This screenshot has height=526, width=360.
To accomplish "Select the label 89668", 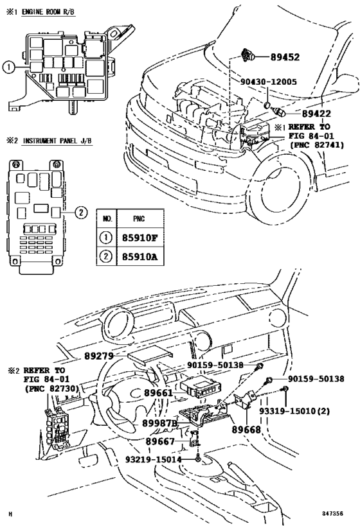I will point(246,428).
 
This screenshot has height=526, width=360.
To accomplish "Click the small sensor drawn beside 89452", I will point(249,56).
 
